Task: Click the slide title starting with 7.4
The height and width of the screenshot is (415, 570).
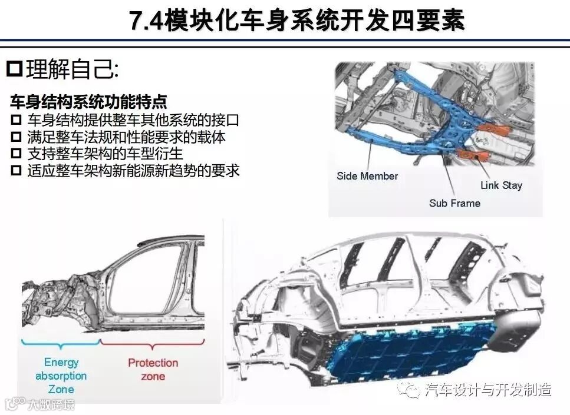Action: pyautogui.click(x=297, y=20)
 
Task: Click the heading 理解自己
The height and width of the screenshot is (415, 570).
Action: pyautogui.click(x=73, y=69)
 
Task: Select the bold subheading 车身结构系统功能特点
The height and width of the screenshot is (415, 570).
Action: pyautogui.click(x=88, y=102)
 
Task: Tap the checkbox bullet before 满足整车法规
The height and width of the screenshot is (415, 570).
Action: pyautogui.click(x=16, y=137)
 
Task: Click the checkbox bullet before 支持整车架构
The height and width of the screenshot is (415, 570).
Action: pyautogui.click(x=16, y=154)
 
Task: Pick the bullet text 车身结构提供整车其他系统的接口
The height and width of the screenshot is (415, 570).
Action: pyautogui.click(x=133, y=120)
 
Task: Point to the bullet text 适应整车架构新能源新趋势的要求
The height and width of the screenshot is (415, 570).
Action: pyautogui.click(x=133, y=170)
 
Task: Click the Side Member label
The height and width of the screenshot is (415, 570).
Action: pyautogui.click(x=367, y=176)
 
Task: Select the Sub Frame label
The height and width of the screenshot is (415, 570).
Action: pyautogui.click(x=455, y=203)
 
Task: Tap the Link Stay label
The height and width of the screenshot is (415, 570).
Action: pyautogui.click(x=501, y=185)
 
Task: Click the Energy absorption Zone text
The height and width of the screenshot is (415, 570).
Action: pyautogui.click(x=61, y=376)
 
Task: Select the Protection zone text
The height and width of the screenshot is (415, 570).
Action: pyautogui.click(x=153, y=369)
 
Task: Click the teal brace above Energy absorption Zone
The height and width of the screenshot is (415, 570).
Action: pyautogui.click(x=61, y=344)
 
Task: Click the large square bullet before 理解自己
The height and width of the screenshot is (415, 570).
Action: pyautogui.click(x=15, y=69)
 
